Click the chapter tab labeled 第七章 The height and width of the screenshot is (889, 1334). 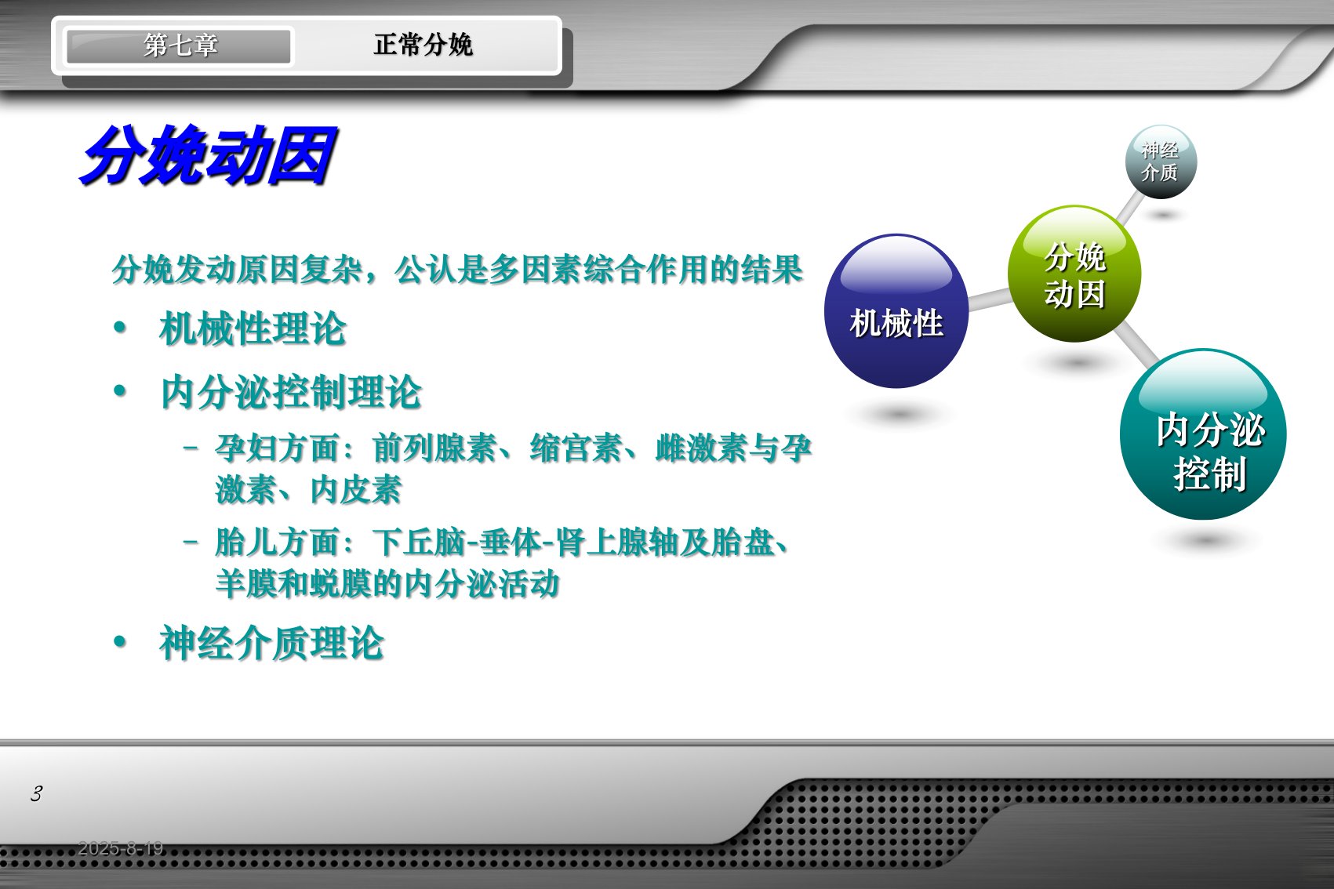click(179, 45)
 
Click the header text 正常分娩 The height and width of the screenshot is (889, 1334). click(423, 45)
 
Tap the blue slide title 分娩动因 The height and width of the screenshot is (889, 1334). click(209, 155)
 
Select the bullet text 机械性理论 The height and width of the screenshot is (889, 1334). click(253, 328)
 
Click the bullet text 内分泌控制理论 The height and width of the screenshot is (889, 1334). click(291, 392)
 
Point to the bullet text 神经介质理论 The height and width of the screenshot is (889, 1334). click(271, 643)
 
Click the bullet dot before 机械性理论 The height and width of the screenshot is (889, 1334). click(120, 327)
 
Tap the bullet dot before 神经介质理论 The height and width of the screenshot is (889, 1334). click(120, 641)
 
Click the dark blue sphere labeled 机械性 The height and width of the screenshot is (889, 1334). click(896, 310)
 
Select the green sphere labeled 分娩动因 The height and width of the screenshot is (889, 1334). click(1074, 274)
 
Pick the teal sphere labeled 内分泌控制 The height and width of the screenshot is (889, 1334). click(1203, 434)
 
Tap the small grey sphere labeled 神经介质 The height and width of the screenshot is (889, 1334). click(1161, 161)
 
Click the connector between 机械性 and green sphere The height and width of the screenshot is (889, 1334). click(989, 299)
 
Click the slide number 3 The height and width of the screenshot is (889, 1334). click(36, 793)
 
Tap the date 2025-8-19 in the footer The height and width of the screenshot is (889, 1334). click(120, 848)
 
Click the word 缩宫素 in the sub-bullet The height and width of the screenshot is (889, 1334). click(576, 448)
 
